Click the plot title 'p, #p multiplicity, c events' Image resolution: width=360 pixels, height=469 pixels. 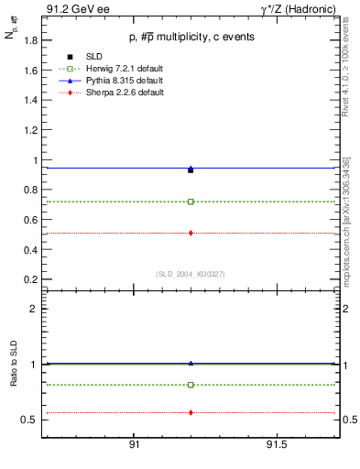tap(191, 37)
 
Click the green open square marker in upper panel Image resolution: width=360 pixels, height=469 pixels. tap(191, 202)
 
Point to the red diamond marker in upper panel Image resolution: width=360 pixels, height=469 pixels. tap(191, 233)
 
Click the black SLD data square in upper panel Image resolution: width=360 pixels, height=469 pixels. tap(191, 169)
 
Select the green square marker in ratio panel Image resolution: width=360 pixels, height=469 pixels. tap(191, 385)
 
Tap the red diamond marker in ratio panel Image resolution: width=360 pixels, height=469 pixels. tap(191, 412)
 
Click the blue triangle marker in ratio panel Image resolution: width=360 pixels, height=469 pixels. tap(191, 363)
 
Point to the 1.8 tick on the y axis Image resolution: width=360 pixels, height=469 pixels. tap(30, 40)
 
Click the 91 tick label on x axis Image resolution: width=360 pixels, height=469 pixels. tap(134, 446)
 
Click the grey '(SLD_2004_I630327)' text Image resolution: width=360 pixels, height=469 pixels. tap(191, 274)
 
